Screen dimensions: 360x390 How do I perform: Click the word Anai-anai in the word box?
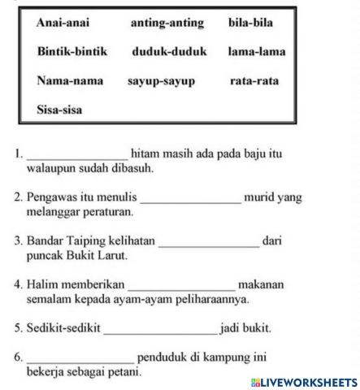tap(63, 23)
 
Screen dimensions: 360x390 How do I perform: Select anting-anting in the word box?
tap(167, 23)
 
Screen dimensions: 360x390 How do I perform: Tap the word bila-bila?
tap(250, 23)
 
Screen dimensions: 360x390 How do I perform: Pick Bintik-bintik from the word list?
tap(72, 51)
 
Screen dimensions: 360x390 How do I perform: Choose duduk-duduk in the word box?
tap(169, 51)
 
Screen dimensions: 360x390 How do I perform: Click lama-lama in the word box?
tap(257, 51)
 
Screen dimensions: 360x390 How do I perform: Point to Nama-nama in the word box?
tap(66, 80)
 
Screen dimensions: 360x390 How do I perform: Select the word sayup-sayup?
tap(161, 80)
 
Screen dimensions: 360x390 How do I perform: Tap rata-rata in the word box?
tap(254, 80)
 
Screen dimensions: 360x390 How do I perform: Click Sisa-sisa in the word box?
tap(59, 108)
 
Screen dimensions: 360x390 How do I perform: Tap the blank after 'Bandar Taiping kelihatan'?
tap(209, 242)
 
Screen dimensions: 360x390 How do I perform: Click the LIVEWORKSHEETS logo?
tap(304, 381)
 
